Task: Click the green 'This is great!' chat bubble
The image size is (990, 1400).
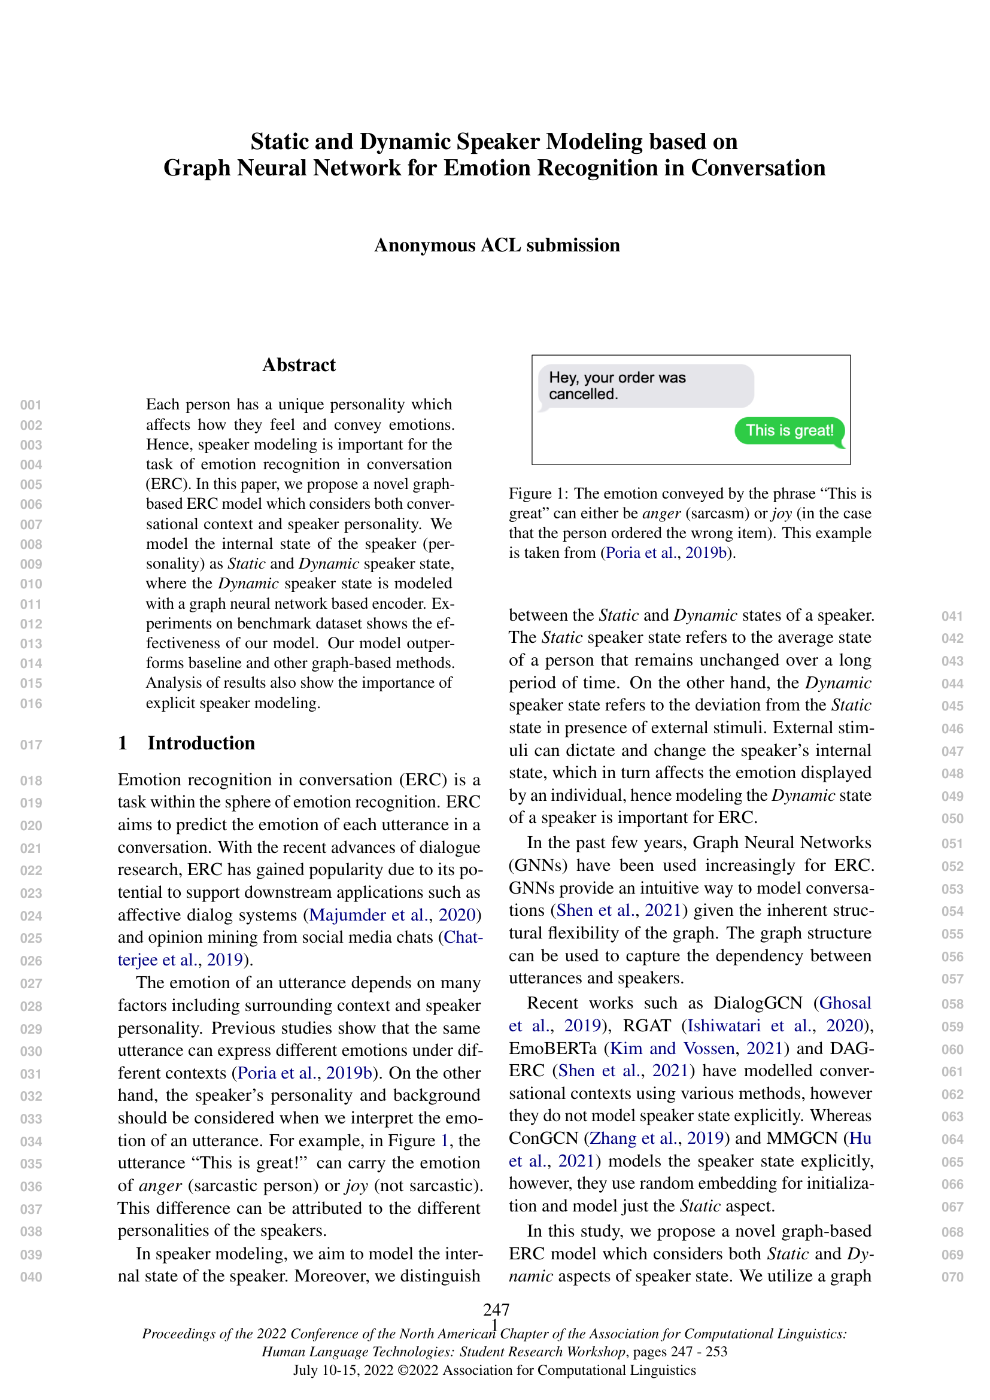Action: (x=789, y=430)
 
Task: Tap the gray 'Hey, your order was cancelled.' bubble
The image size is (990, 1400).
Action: (x=646, y=386)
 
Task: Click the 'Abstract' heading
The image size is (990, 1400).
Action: (x=299, y=365)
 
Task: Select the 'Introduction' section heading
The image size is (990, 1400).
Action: (x=201, y=743)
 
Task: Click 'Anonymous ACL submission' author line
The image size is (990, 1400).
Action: (x=497, y=245)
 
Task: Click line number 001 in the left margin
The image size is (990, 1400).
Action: (x=31, y=405)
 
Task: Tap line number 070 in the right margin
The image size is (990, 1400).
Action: (x=952, y=1277)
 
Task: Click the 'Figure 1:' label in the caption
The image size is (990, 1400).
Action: (x=538, y=493)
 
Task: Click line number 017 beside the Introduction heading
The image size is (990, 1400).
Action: (x=31, y=745)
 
